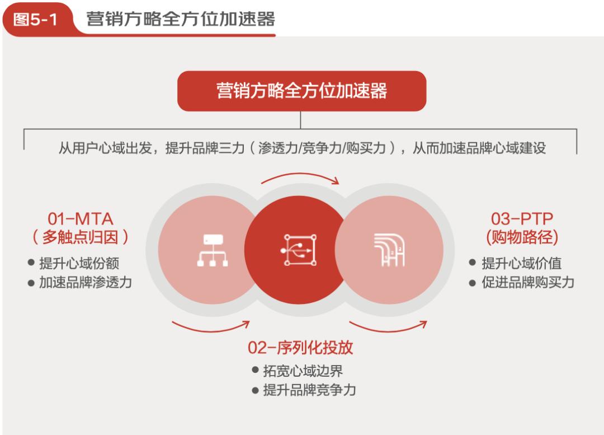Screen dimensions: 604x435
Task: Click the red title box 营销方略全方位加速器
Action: (x=301, y=91)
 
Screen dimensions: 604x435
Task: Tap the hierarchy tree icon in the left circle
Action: (x=213, y=250)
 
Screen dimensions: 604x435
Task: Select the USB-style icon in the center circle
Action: (x=299, y=250)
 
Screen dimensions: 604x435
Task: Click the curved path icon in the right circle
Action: (x=389, y=250)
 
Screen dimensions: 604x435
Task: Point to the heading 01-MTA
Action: (x=81, y=219)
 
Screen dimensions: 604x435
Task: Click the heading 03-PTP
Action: (x=522, y=219)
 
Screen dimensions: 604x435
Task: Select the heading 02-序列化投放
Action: (x=300, y=348)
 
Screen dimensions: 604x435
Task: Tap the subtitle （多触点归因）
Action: (x=81, y=237)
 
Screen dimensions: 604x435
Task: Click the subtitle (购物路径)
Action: (x=522, y=237)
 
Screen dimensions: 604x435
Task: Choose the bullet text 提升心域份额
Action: (x=79, y=263)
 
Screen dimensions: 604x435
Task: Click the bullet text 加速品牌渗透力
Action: (x=86, y=283)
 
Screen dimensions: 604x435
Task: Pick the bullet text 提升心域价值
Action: (x=522, y=263)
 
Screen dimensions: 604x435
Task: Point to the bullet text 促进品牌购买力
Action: (x=528, y=283)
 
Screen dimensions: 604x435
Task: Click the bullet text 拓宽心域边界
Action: (x=303, y=371)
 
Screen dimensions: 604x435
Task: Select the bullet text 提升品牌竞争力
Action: (x=309, y=390)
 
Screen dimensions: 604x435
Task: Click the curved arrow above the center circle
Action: (x=300, y=174)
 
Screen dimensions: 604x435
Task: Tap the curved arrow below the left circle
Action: (x=211, y=330)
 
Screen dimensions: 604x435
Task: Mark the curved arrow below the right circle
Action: (x=388, y=330)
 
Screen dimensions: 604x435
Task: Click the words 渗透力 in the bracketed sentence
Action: (x=277, y=148)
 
